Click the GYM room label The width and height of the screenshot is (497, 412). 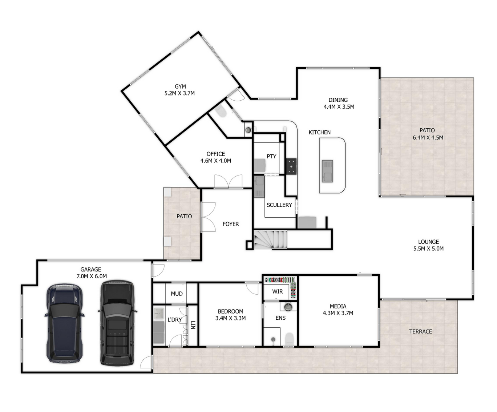tap(180, 86)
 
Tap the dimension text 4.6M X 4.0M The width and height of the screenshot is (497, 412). tap(216, 161)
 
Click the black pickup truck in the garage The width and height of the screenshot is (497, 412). tap(117, 323)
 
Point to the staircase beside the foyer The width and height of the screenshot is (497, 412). tap(270, 240)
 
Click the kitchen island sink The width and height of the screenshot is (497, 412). tap(327, 171)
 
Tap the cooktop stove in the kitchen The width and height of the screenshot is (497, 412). tap(291, 166)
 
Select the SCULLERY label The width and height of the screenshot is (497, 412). tap(279, 205)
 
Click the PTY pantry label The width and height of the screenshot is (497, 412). tap(271, 156)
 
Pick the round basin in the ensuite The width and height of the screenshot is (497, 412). tap(288, 307)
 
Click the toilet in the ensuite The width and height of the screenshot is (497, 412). tap(289, 339)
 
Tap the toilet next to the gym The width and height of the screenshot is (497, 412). tap(221, 111)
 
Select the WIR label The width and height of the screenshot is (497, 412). tap(277, 291)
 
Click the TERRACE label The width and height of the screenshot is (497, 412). tap(420, 331)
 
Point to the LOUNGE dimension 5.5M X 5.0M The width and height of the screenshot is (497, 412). tap(428, 249)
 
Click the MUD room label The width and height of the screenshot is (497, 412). tap(177, 294)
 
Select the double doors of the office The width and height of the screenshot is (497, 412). tap(229, 181)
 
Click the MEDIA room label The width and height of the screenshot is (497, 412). tap(338, 306)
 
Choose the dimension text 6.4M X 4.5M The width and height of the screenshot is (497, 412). tap(428, 137)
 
